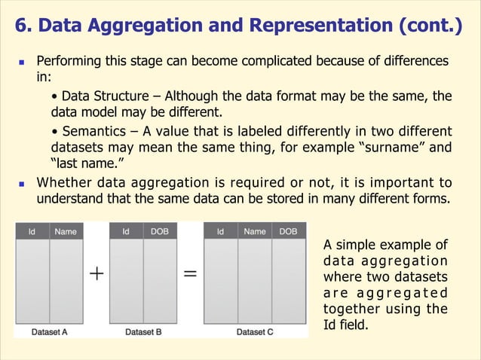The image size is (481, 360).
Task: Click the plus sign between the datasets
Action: (x=97, y=275)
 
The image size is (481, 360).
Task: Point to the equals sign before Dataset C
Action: (x=191, y=275)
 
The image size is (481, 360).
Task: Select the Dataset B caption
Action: (x=143, y=331)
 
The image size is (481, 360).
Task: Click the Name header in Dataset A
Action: (x=65, y=232)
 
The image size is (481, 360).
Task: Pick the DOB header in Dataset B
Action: (x=159, y=232)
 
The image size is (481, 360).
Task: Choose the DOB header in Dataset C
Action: (x=288, y=232)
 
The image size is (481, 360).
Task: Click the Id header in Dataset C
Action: (x=220, y=232)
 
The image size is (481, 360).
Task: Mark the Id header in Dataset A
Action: (x=32, y=232)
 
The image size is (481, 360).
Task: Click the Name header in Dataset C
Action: (x=254, y=232)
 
